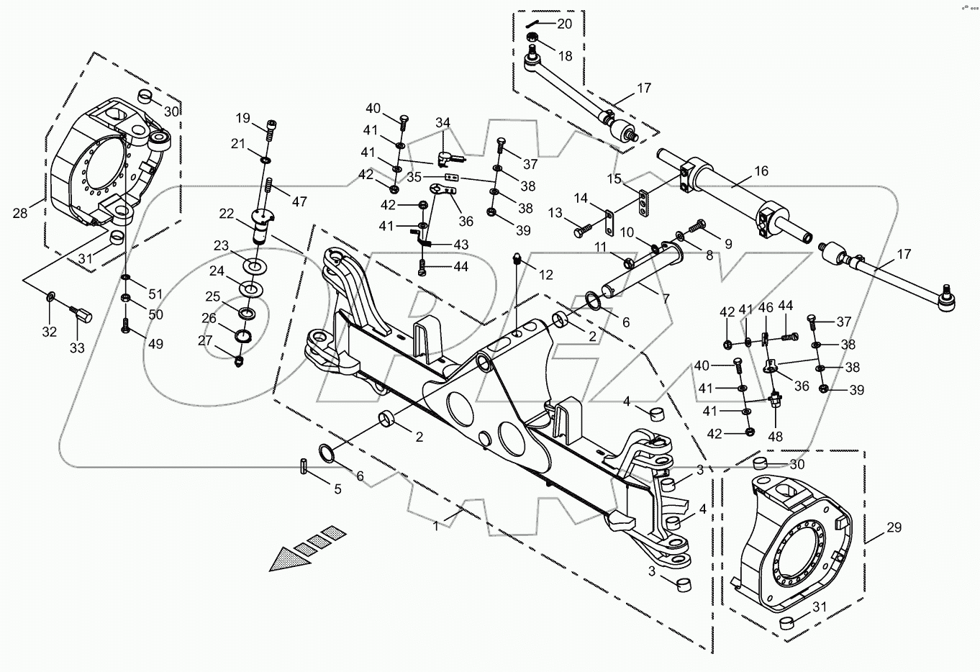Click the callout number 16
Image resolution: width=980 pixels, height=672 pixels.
click(x=761, y=171)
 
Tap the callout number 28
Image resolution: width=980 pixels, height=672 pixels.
click(x=20, y=212)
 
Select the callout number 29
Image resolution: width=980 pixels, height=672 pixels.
click(x=894, y=528)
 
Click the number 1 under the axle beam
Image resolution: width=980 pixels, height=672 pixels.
click(x=435, y=526)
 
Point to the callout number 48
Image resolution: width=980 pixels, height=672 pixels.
click(x=776, y=435)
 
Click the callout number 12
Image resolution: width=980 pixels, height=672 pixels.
click(x=546, y=275)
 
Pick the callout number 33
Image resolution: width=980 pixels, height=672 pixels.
click(x=77, y=348)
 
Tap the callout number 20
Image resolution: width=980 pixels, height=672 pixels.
click(x=565, y=24)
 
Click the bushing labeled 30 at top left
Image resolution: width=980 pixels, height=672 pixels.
click(x=145, y=98)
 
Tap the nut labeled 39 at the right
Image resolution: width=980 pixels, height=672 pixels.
click(x=825, y=390)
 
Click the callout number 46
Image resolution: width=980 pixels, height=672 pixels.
click(x=766, y=307)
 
